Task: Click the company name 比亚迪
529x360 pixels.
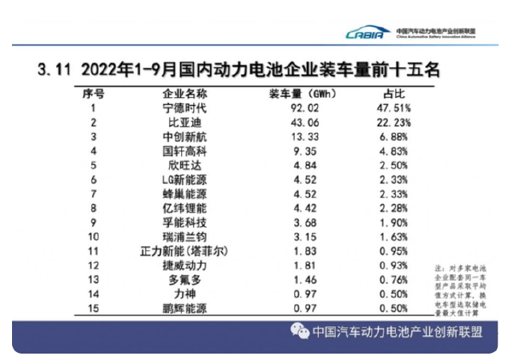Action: tap(184, 122)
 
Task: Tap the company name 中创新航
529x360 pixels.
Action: tap(184, 136)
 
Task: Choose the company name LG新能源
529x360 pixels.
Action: tap(184, 180)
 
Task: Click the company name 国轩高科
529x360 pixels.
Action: tap(184, 151)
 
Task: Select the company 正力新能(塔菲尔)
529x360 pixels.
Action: tap(184, 251)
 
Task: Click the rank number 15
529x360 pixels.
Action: tap(95, 308)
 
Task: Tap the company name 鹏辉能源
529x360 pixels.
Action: tap(184, 308)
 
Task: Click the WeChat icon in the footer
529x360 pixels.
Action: tap(299, 331)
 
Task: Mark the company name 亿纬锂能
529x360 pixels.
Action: tap(184, 208)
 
